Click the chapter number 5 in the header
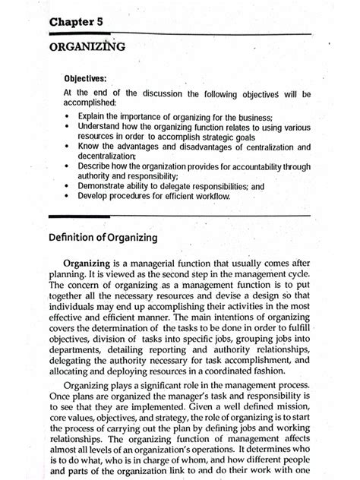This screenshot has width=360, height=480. pyautogui.click(x=99, y=23)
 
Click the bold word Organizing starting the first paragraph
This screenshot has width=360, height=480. pyautogui.click(x=94, y=263)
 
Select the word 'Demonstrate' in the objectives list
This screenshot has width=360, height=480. pyautogui.click(x=103, y=185)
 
